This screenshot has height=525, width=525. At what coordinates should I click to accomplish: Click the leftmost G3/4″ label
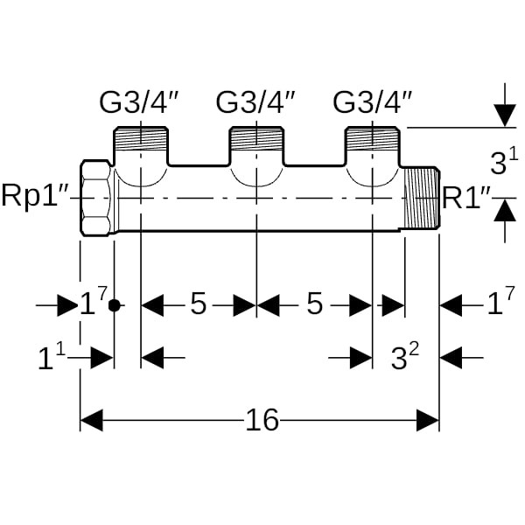139,103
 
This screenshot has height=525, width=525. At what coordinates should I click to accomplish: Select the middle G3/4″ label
255,103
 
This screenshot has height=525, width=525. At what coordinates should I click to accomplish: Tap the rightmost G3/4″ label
373,103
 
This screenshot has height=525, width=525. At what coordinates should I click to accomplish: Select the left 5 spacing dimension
199,305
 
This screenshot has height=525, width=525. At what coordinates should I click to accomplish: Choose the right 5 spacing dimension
315,305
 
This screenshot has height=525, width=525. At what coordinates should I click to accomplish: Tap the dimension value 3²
404,357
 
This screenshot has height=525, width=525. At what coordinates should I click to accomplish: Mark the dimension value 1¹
52,358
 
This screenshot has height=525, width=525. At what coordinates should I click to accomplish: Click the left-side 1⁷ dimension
92,304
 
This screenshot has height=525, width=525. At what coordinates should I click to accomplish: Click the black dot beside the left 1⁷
113,306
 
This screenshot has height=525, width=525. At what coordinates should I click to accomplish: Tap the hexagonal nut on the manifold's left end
95,197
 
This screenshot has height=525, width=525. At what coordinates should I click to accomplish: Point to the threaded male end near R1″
421,199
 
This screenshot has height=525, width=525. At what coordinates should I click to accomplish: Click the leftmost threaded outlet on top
140,141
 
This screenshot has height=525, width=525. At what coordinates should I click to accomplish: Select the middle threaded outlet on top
255,141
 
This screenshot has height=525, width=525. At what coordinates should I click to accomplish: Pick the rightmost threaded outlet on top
373,141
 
